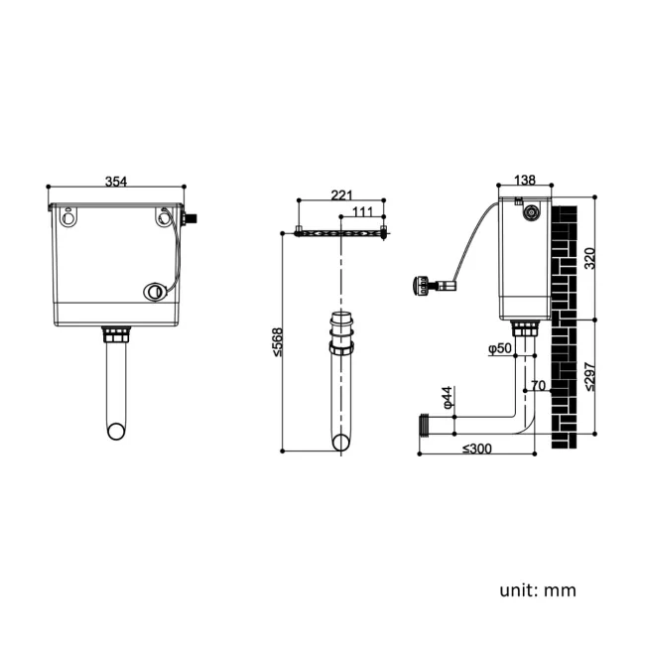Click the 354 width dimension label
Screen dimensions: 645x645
[116, 182]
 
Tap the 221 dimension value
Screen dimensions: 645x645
[341, 194]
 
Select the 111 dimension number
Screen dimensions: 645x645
[363, 211]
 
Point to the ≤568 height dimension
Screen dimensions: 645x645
[278, 342]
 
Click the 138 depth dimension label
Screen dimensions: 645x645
[525, 181]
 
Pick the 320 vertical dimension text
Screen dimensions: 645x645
[589, 258]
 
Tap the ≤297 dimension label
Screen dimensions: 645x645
[589, 377]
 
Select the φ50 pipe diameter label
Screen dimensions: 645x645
[500, 348]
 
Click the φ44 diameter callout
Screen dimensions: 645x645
[448, 397]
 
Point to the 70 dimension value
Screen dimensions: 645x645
[538, 385]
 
